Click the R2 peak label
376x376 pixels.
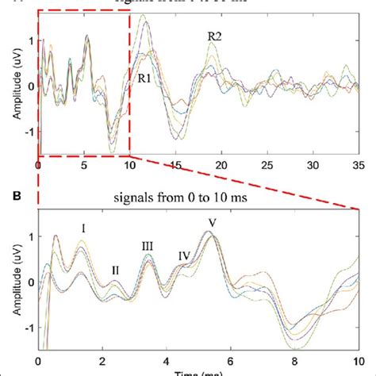[214, 36]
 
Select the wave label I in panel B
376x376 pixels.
[82, 228]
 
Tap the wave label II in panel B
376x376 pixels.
[115, 270]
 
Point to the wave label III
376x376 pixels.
[148, 246]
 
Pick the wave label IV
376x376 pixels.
[184, 255]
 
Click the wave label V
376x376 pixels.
[210, 223]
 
